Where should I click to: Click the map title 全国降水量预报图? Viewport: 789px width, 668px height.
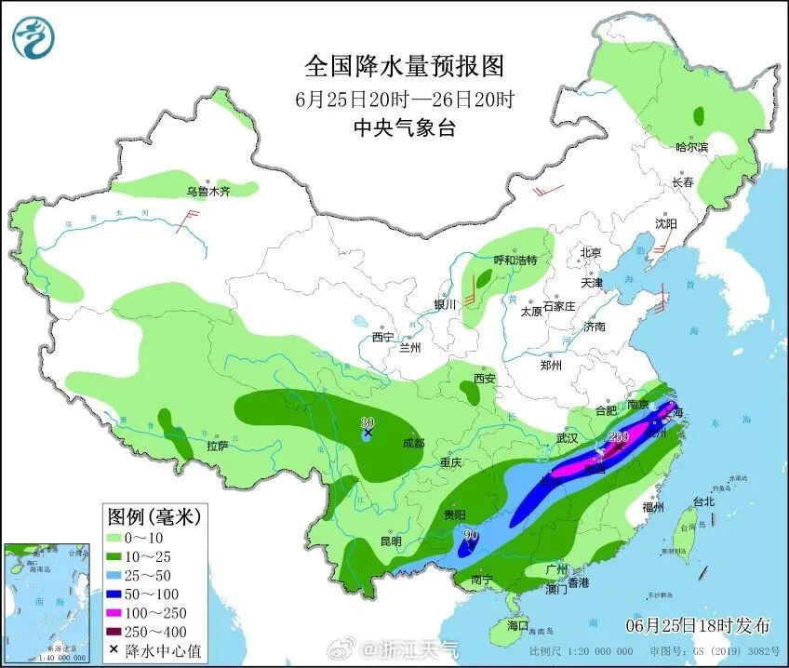[404, 66]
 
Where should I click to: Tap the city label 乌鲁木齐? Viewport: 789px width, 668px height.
[207, 192]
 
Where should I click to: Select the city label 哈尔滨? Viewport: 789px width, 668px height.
[691, 148]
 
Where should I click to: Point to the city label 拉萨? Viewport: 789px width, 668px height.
[217, 446]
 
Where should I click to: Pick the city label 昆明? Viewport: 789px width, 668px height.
[390, 541]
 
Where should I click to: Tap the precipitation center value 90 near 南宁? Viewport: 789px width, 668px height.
[471, 535]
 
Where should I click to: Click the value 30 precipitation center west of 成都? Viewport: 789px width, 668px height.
[368, 422]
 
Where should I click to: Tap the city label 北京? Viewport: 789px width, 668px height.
[591, 252]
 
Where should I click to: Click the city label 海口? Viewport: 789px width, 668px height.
[515, 624]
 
